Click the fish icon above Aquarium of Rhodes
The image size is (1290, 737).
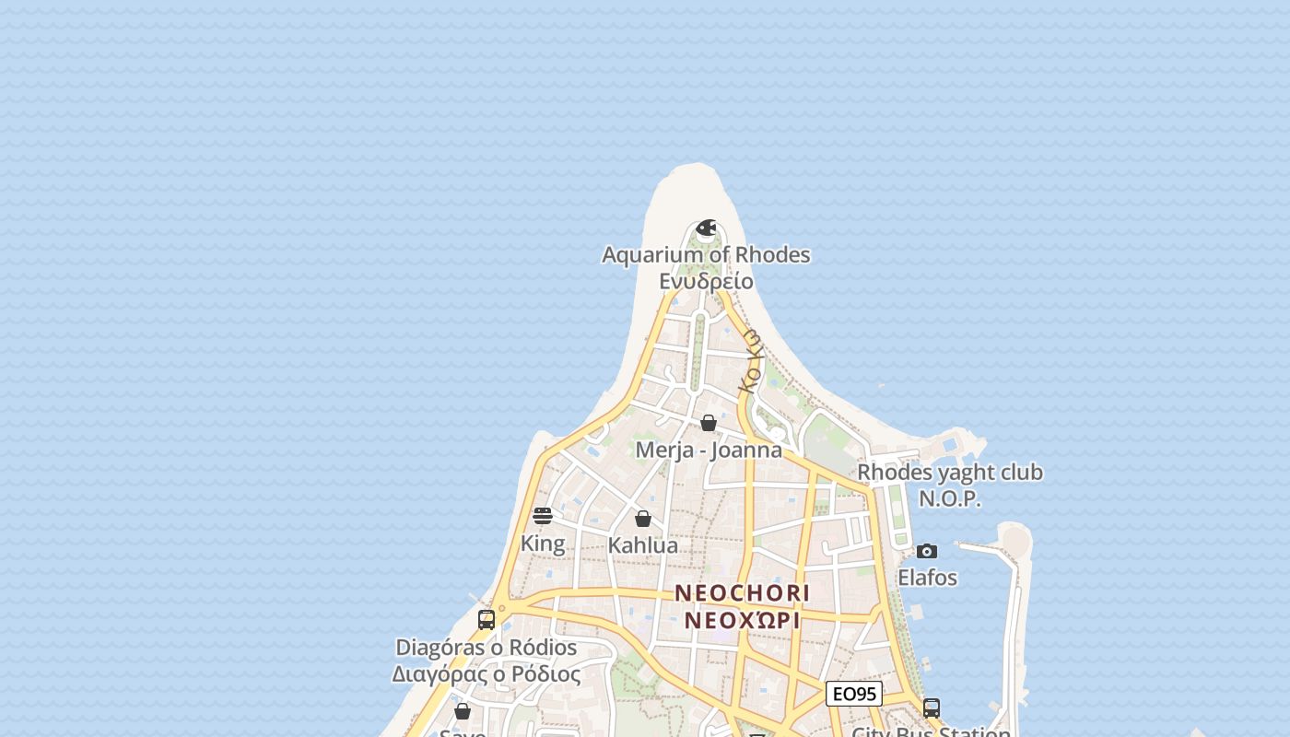pos(707,228)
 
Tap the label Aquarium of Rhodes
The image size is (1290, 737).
pos(706,254)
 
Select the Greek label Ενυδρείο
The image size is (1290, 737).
pos(706,281)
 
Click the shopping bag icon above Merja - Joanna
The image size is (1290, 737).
pos(709,423)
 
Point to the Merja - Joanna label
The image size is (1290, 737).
pos(709,450)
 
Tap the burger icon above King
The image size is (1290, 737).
pos(543,516)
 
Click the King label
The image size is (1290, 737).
pos(543,544)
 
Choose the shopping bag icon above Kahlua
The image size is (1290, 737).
pos(643,519)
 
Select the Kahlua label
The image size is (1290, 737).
pos(643,545)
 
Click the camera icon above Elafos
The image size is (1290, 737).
pos(927,551)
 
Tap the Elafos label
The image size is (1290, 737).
pos(927,578)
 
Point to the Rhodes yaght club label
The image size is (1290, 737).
pos(950,473)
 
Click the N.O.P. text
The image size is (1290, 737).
pos(950,498)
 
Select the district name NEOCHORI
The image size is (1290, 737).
pos(743,593)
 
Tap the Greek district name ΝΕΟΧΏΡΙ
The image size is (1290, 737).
pos(743,620)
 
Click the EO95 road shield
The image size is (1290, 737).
pos(854,694)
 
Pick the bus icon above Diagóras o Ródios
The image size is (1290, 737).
pos(487,620)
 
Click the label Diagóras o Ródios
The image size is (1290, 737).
pos(487,648)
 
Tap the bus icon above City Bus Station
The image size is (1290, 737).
pos(932,708)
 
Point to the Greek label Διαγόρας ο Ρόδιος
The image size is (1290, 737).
pos(487,674)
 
